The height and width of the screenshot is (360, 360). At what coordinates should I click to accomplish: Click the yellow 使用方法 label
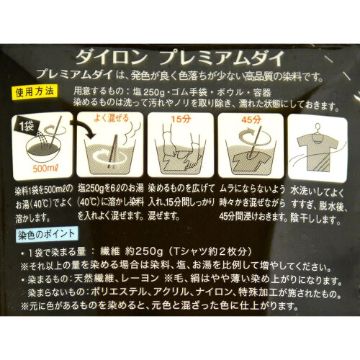(x=35, y=92)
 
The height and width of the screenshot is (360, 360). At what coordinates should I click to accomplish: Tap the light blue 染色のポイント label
(x=46, y=235)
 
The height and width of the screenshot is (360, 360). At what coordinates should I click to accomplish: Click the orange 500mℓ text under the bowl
(x=46, y=168)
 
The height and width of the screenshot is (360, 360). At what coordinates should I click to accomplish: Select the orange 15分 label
(x=181, y=120)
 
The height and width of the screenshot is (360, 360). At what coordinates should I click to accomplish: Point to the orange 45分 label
(x=251, y=120)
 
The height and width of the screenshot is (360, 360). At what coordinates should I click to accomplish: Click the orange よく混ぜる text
(x=111, y=118)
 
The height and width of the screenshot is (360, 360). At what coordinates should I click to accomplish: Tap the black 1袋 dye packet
(x=27, y=126)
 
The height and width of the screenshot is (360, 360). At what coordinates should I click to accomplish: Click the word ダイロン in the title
(x=111, y=58)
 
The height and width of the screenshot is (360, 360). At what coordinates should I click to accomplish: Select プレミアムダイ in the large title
(x=222, y=58)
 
